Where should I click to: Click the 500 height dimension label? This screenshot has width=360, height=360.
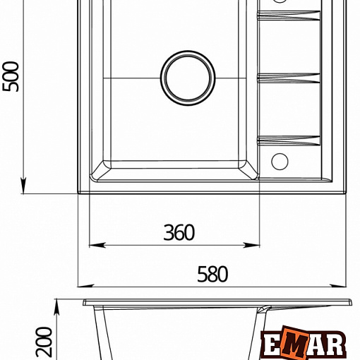click(10, 76)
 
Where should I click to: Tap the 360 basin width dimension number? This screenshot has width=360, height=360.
click(179, 232)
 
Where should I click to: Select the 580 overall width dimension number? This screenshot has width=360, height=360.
click(212, 274)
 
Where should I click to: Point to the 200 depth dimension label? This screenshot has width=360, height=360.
click(44, 342)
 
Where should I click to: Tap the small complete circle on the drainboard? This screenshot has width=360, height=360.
click(280, 162)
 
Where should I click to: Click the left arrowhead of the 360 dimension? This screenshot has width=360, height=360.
click(97, 245)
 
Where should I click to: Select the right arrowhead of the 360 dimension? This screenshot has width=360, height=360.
click(251, 245)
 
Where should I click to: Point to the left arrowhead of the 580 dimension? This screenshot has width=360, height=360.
click(85, 286)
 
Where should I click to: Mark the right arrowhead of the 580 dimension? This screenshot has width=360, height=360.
click(338, 286)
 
